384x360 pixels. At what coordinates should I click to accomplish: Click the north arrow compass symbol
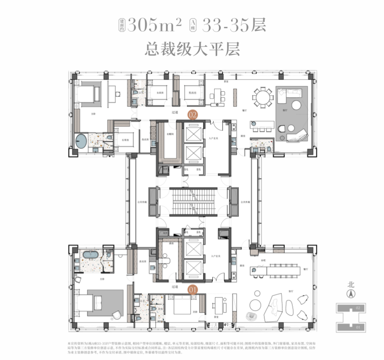(x=350, y=294)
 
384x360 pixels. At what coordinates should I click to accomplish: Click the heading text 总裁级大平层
(x=192, y=49)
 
